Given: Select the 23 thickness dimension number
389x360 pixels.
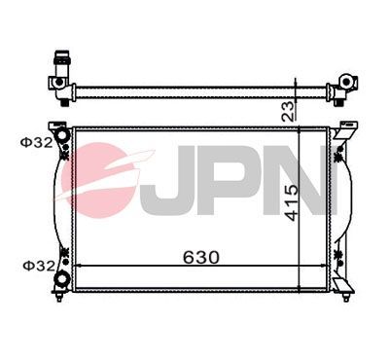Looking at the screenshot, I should point(289,109).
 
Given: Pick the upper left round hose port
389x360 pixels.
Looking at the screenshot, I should point(62,133).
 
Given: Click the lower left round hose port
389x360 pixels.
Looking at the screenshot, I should point(63,279).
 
